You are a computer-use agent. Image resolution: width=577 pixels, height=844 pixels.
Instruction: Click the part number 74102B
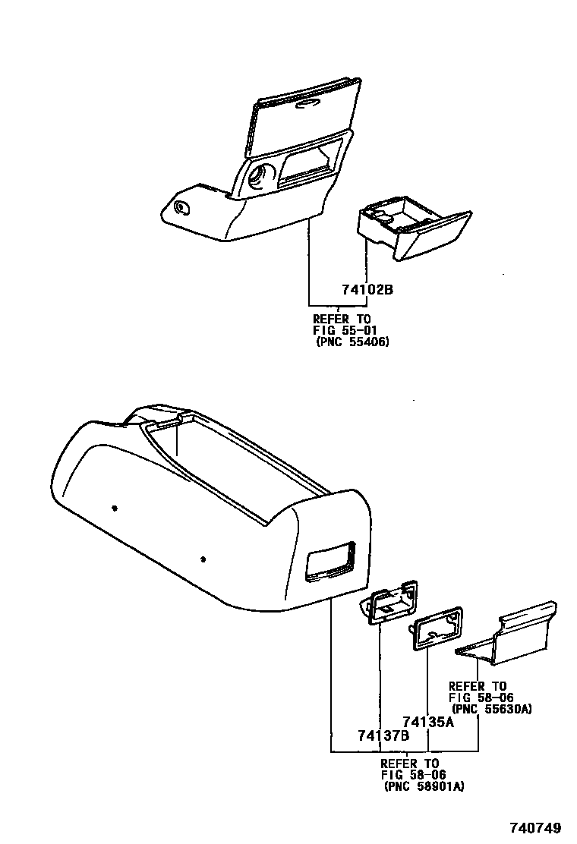367,290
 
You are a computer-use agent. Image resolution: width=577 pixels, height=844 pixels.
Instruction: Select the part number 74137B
383,735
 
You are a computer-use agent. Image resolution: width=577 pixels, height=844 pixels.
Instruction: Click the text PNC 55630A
491,708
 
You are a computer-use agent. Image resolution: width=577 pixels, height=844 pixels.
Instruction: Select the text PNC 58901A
424,786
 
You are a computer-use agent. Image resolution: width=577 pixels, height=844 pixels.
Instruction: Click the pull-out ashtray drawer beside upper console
414,232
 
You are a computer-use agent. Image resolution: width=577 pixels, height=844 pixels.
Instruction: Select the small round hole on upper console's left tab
182,207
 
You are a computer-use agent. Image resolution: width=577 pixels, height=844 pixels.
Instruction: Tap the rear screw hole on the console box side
114,507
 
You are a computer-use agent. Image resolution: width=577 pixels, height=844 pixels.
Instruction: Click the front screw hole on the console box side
203,560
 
